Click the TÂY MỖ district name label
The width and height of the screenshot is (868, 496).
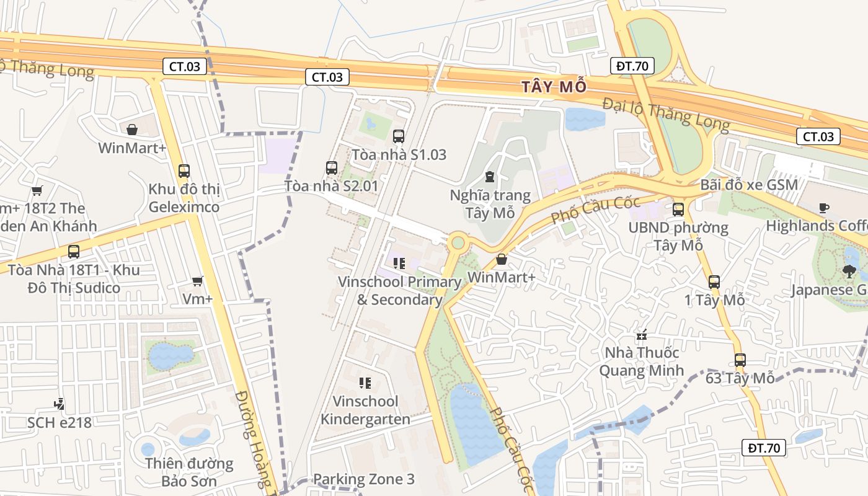click(554, 86)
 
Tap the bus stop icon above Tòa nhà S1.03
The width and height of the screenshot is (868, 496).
click(399, 136)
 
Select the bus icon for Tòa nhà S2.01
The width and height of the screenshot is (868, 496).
click(332, 167)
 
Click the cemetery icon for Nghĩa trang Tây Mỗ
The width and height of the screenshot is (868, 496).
click(490, 177)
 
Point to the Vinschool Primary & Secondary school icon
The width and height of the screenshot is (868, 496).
click(399, 263)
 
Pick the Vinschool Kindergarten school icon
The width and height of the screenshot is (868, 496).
click(365, 383)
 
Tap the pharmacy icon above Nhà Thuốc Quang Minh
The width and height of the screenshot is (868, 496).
click(642, 335)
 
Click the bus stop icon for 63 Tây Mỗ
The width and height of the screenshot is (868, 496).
click(740, 360)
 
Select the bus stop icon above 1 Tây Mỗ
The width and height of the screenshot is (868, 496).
click(714, 282)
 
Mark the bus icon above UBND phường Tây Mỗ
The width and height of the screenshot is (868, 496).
click(678, 209)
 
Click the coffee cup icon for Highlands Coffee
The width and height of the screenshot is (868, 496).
click(823, 208)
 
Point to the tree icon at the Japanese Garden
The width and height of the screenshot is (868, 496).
click(849, 271)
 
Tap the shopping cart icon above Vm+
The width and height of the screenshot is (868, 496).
click(198, 281)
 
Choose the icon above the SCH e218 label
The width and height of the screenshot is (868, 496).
click(59, 404)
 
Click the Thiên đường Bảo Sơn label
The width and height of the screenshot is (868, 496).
click(180, 472)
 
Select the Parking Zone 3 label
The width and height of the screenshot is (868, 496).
click(363, 479)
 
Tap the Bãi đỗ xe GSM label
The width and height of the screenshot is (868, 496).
click(749, 185)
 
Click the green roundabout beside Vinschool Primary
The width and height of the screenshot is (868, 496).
click(458, 242)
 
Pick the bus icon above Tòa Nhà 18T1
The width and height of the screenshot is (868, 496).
click(74, 251)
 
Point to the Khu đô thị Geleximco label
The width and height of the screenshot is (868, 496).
click(184, 198)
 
